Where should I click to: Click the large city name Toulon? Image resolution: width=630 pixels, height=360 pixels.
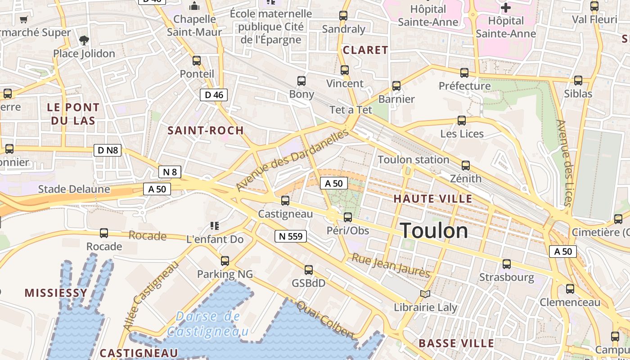tap(434, 231)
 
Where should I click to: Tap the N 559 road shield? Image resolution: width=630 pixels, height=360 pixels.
tap(291, 236)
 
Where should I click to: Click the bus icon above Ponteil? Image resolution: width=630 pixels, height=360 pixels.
tap(197, 61)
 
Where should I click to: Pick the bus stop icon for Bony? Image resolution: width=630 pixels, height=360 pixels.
tap(301, 81)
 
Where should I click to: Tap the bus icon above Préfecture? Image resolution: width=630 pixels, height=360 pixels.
tap(464, 72)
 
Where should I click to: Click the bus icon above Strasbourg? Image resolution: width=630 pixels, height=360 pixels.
tap(507, 264)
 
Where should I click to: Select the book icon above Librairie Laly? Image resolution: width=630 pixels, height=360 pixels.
tap(425, 294)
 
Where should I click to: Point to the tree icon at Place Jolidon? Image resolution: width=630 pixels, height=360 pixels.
tap(84, 40)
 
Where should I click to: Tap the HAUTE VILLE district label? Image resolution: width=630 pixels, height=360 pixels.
tap(433, 198)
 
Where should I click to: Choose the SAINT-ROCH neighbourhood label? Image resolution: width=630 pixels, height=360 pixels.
tap(206, 130)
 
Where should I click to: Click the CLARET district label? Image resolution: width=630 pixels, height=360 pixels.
tap(365, 50)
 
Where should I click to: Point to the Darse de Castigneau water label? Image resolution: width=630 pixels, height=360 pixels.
tap(207, 324)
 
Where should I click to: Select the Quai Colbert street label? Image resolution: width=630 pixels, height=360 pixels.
tap(325, 319)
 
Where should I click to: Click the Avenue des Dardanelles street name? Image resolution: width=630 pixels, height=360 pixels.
tap(292, 159)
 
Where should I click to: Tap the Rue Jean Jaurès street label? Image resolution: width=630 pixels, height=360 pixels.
tap(391, 265)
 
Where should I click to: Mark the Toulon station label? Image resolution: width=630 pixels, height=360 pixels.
tap(414, 160)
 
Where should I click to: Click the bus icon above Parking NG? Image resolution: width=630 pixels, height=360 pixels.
tap(225, 261)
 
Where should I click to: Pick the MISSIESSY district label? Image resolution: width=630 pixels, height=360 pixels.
tap(56, 293)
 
